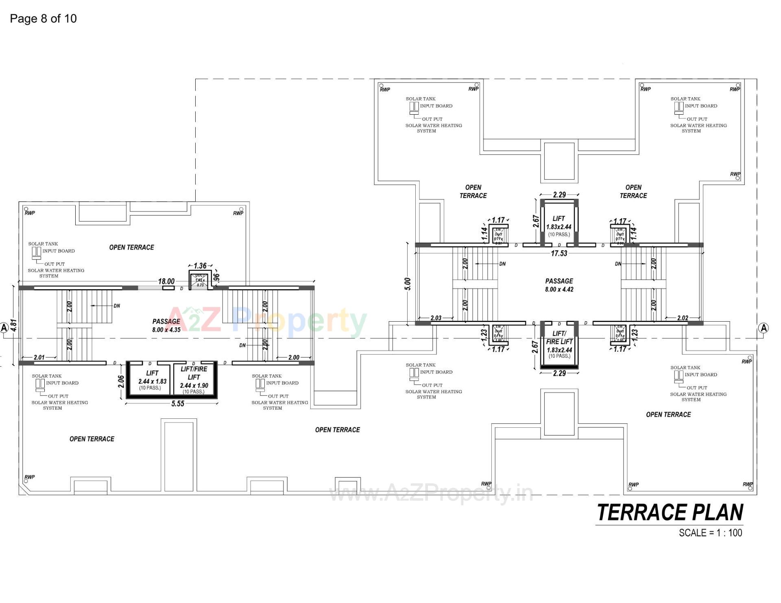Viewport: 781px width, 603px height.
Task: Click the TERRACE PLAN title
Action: [670, 513]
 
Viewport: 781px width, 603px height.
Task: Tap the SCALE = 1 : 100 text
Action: [710, 533]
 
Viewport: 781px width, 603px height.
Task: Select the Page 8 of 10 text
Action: [43, 19]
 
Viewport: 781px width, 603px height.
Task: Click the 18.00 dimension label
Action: [166, 281]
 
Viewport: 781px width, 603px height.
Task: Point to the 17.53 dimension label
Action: [559, 253]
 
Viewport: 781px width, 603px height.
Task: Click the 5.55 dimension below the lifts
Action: [178, 403]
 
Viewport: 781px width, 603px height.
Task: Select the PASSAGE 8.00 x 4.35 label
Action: [166, 326]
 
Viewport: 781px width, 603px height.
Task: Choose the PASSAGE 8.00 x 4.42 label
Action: [559, 285]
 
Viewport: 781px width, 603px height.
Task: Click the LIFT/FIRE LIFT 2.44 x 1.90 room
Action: [194, 380]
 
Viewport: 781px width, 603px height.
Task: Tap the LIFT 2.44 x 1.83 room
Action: [152, 380]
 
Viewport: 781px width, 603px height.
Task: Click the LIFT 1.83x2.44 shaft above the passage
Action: [559, 226]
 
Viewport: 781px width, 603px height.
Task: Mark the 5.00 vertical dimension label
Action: [408, 284]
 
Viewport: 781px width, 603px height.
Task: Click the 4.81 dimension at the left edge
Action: [13, 325]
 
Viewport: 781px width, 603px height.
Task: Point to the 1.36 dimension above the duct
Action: [200, 266]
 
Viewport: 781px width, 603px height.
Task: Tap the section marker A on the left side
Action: [4, 327]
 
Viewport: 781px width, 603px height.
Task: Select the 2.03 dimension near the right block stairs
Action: [436, 318]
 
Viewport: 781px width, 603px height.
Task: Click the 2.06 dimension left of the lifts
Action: [121, 381]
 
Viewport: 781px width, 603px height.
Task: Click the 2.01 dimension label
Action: [39, 357]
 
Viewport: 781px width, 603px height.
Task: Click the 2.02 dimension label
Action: [683, 318]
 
